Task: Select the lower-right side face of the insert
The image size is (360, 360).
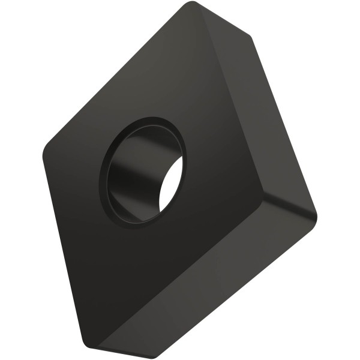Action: tap(210, 288)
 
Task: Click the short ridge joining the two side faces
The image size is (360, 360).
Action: tap(287, 207)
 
